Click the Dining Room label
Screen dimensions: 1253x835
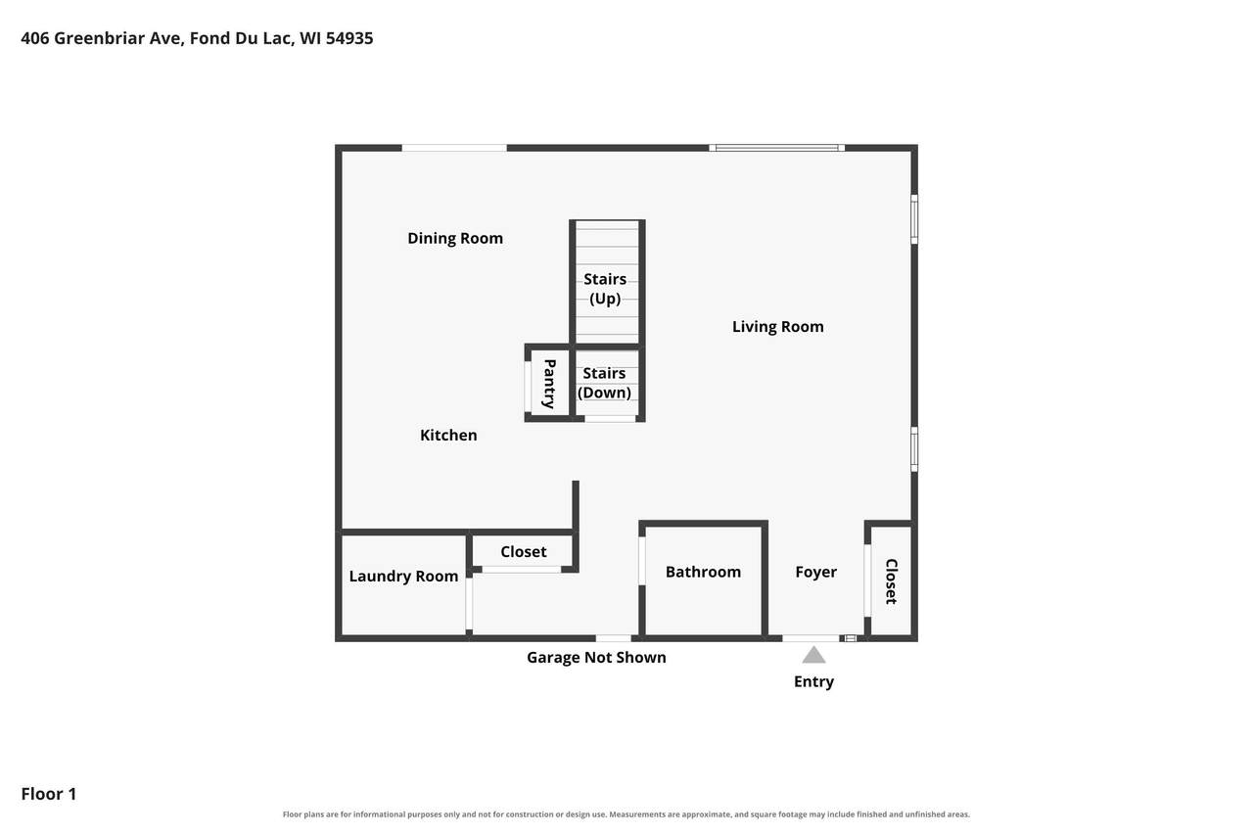(x=455, y=238)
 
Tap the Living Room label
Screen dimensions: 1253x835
(x=777, y=327)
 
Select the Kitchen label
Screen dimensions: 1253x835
(x=448, y=435)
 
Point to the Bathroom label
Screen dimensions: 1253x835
(x=703, y=572)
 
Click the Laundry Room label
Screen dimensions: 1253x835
(x=403, y=576)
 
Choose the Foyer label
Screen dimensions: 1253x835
(x=815, y=572)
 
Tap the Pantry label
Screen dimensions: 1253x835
(x=550, y=384)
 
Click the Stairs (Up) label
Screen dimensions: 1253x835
(x=605, y=289)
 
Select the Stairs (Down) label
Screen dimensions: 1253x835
(x=604, y=383)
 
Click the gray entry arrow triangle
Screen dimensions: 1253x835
(x=813, y=656)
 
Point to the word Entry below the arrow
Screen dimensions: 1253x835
(x=813, y=681)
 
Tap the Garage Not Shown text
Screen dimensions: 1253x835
(x=596, y=657)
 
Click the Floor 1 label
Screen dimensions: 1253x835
(x=49, y=794)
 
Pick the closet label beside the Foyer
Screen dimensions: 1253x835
(x=891, y=581)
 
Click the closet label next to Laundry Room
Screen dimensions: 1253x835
(x=523, y=552)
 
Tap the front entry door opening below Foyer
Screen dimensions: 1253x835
(x=811, y=638)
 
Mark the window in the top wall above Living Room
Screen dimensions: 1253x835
(x=777, y=148)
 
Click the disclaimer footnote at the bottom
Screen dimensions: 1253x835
(x=626, y=814)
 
